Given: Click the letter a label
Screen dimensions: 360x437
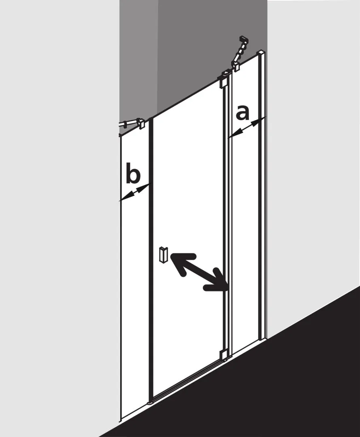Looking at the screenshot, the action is (242, 113).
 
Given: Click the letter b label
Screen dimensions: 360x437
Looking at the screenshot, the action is (133, 173).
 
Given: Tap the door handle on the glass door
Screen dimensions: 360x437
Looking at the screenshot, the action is (162, 255).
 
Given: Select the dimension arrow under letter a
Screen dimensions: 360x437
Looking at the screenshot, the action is (246, 127).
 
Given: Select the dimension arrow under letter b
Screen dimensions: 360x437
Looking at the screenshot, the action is (135, 192).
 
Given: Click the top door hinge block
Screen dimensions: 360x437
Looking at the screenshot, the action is (225, 79).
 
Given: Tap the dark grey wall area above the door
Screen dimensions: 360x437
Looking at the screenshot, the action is (192, 50).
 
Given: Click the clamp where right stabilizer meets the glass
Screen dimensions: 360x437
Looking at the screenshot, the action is (237, 67).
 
